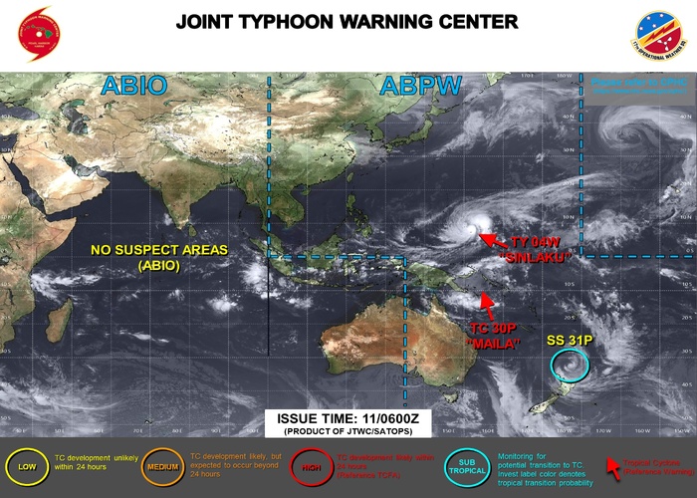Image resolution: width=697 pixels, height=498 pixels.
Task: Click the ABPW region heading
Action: pyautogui.click(x=418, y=87)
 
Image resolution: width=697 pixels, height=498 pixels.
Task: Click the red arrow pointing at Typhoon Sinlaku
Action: pyautogui.click(x=488, y=238)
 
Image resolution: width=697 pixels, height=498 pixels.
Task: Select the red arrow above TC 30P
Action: pyautogui.click(x=488, y=297)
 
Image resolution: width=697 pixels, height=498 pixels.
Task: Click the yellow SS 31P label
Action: pyautogui.click(x=569, y=340)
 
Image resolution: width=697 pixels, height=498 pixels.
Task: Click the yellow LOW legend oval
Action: pyautogui.click(x=26, y=465)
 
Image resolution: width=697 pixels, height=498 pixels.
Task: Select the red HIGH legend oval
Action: pyautogui.click(x=310, y=465)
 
